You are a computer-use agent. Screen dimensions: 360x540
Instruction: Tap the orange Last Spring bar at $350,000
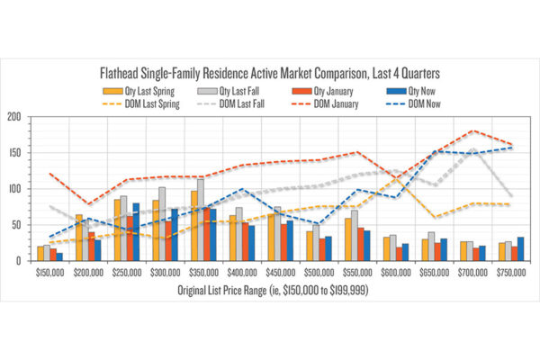click(193, 226)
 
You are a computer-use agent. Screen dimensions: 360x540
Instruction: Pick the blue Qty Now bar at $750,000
click(520, 249)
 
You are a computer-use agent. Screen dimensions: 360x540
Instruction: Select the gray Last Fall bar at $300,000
click(162, 224)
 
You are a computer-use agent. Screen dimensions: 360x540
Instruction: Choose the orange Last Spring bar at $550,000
click(346, 239)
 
